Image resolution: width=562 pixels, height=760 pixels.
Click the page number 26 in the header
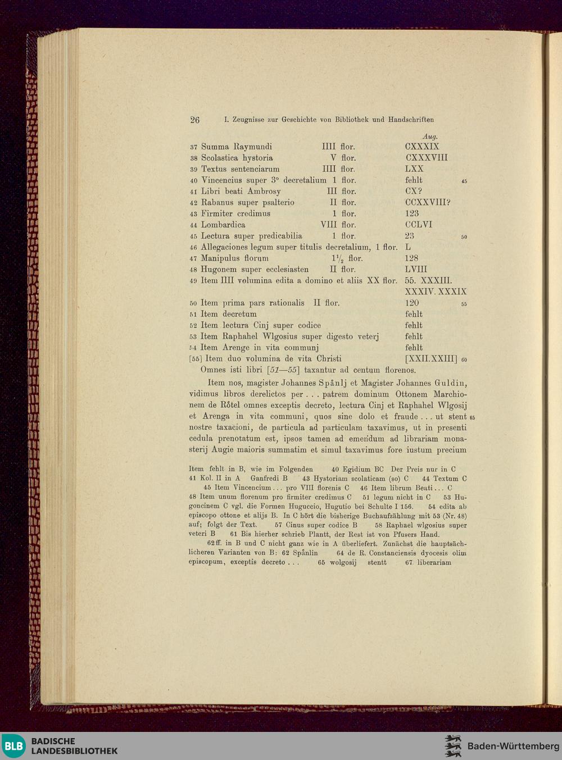(x=195, y=120)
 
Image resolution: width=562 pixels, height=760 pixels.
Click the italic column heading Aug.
(x=429, y=136)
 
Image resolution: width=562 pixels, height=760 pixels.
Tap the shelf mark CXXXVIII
(x=426, y=158)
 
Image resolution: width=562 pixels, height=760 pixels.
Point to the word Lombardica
(x=223, y=225)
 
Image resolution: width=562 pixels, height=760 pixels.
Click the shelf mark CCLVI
(x=419, y=225)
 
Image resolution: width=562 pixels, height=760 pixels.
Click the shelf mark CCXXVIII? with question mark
(x=428, y=202)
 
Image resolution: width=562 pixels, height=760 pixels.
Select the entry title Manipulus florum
(x=235, y=258)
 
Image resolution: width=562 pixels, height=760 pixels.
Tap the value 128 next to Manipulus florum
(x=411, y=258)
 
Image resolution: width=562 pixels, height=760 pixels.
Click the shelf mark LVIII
(x=416, y=270)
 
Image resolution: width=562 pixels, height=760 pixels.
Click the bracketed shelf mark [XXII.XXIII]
(x=431, y=359)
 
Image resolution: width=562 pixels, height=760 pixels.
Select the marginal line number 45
(x=464, y=181)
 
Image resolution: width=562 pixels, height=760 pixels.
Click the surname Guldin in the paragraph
(x=450, y=383)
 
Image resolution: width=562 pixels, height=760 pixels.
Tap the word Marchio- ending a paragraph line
(x=450, y=394)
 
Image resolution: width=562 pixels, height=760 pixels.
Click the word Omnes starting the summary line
(x=214, y=370)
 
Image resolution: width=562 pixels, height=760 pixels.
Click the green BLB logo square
(x=13, y=746)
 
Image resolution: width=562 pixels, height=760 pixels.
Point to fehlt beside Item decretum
(x=414, y=314)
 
